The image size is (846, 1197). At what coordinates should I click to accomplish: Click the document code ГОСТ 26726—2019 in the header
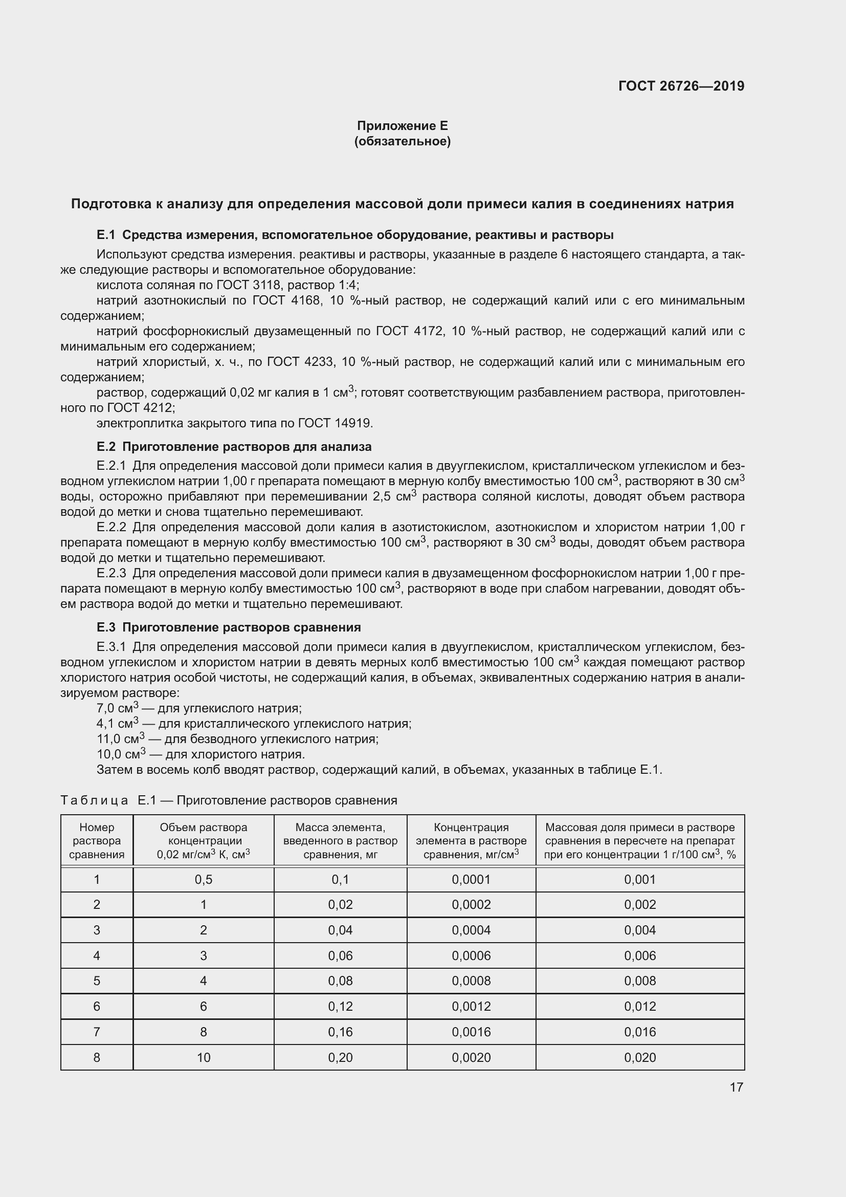click(x=681, y=86)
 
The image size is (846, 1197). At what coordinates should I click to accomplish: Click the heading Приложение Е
click(x=402, y=126)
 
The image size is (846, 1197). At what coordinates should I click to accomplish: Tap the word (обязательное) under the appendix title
click(x=402, y=141)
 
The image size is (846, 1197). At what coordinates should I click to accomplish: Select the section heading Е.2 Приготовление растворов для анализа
click(x=234, y=447)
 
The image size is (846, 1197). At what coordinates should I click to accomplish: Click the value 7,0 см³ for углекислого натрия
click(x=117, y=708)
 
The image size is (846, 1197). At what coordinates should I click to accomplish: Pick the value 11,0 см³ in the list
click(x=120, y=739)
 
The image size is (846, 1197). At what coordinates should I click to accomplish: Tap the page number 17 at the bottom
click(x=736, y=1087)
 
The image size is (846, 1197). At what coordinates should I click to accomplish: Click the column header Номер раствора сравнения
click(x=96, y=840)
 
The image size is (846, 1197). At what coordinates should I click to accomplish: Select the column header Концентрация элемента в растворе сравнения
click(x=471, y=840)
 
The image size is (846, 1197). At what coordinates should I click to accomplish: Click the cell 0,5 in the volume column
click(x=203, y=880)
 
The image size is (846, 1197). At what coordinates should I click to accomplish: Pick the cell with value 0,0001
click(x=471, y=880)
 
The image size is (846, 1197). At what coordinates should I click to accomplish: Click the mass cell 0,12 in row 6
click(x=340, y=1006)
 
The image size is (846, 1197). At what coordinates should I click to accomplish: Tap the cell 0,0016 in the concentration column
click(x=471, y=1032)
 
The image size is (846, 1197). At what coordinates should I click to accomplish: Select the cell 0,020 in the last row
click(x=640, y=1057)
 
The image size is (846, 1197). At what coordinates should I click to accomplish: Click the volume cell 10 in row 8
click(x=203, y=1057)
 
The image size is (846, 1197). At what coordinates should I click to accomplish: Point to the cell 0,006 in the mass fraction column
click(x=640, y=955)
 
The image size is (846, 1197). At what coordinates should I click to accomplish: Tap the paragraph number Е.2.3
click(x=111, y=574)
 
